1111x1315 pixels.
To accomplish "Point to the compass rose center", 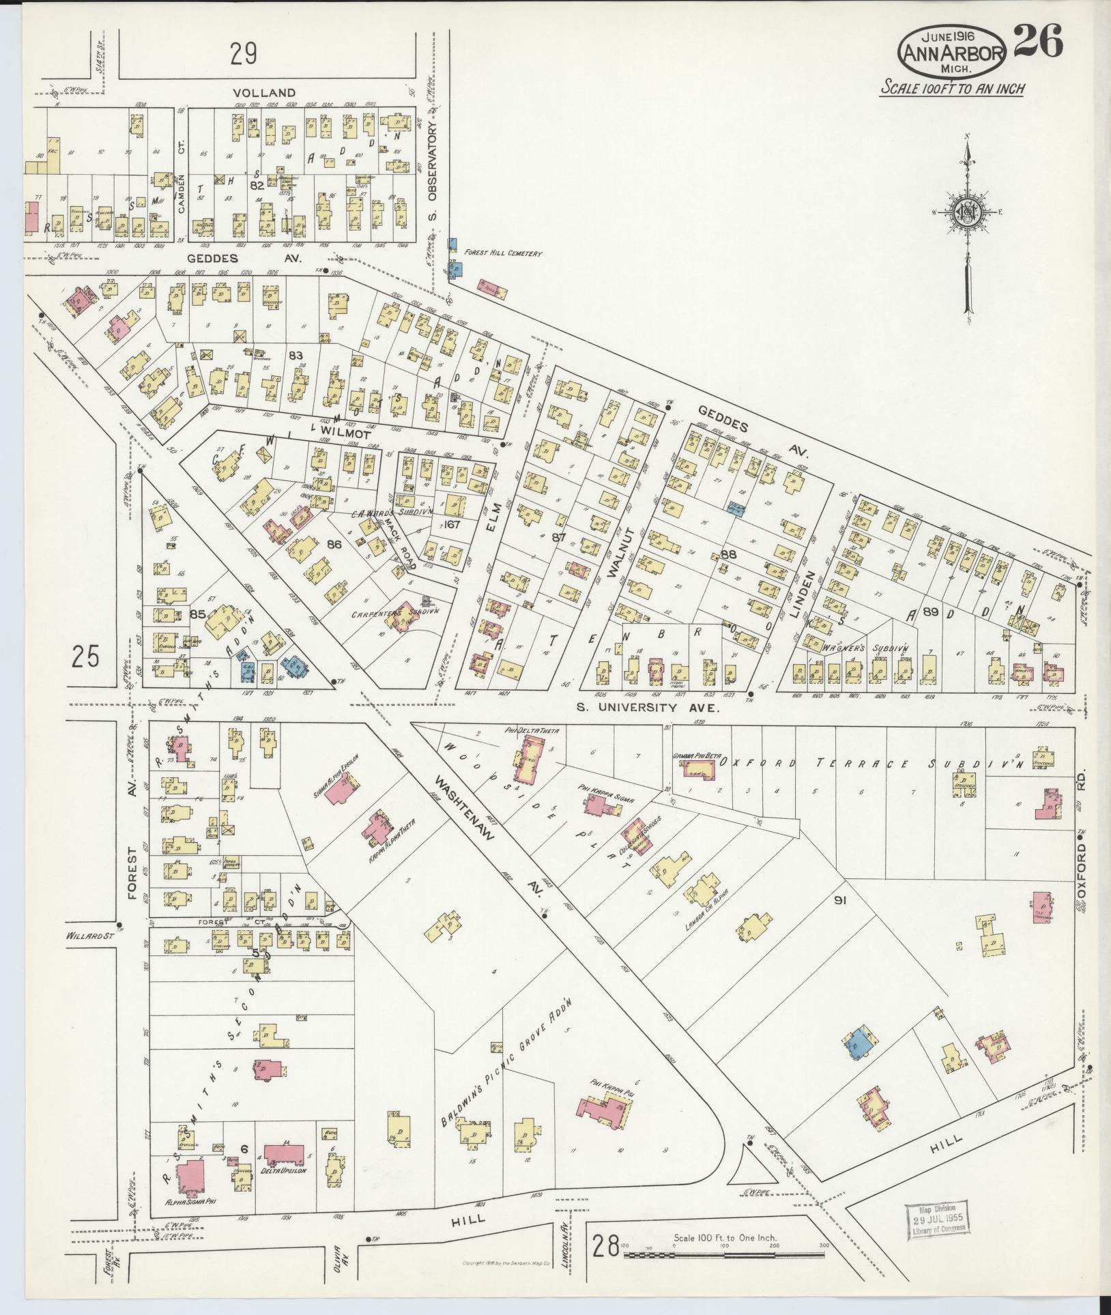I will pos(967,213).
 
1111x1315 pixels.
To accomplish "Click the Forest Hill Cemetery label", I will pos(503,254).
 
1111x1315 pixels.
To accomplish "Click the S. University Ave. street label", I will pos(648,708).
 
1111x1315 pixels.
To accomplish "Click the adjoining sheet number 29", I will pos(243,54).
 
